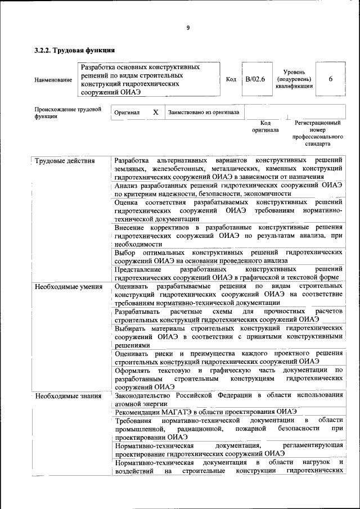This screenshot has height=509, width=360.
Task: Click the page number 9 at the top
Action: [188, 28]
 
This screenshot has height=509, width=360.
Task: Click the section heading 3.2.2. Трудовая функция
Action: [75, 51]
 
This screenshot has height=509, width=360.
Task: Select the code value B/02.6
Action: [255, 79]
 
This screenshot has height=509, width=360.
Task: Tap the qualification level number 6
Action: [331, 79]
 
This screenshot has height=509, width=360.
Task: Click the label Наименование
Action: [53, 80]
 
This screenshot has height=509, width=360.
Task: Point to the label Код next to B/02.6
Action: [231, 79]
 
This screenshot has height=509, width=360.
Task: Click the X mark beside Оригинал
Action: [155, 112]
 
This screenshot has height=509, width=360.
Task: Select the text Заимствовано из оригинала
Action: [204, 112]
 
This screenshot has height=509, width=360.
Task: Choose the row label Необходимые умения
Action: [68, 287]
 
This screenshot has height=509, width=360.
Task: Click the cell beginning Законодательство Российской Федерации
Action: [228, 399]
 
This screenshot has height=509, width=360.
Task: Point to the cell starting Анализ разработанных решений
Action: [228, 189]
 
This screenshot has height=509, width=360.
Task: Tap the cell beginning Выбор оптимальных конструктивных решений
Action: [228, 257]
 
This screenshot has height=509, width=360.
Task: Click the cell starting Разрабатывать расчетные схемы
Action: [228, 315]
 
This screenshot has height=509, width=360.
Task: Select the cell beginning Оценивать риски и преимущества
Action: [228, 357]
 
